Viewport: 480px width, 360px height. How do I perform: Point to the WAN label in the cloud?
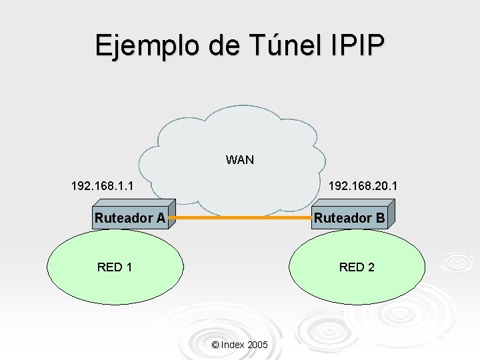tap(239, 160)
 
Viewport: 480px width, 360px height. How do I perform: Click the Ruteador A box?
tap(131, 218)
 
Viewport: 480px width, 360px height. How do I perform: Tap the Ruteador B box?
tap(350, 218)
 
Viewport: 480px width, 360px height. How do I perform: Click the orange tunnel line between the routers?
tap(240, 218)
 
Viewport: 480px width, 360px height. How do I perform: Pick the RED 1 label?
tap(114, 267)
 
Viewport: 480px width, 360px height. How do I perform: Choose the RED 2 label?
tap(357, 267)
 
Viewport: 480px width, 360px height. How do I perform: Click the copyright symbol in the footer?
tap(214, 345)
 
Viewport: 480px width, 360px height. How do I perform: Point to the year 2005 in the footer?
tap(257, 345)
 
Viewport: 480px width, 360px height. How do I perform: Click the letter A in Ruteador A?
tap(160, 218)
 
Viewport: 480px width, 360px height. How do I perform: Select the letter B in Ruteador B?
tap(380, 218)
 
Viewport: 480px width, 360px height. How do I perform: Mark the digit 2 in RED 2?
tap(371, 267)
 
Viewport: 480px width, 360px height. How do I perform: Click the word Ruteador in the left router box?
tap(123, 218)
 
